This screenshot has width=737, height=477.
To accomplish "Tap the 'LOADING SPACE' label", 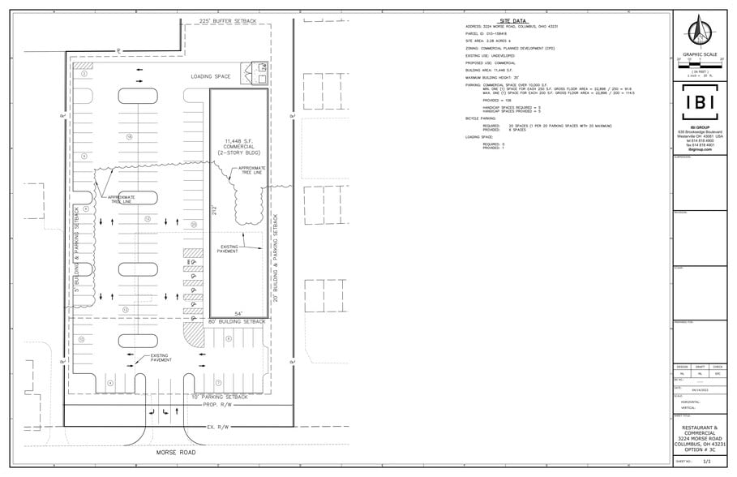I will tap(211, 76).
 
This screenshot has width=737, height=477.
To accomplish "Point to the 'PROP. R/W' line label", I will tap(217, 404).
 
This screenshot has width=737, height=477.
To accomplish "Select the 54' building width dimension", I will tap(239, 314).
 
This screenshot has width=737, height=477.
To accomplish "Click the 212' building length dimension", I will tap(215, 212).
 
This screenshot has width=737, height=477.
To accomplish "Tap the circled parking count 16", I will tap(130, 138).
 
